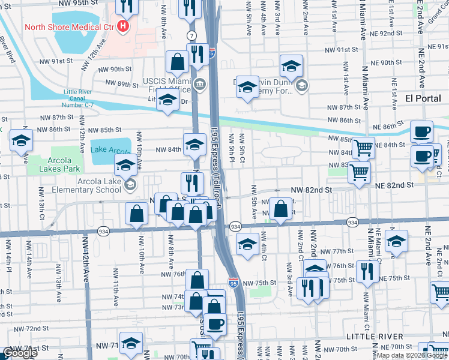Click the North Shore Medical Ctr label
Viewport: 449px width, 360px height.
click(x=70, y=28)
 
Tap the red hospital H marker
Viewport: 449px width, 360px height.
click(x=124, y=26)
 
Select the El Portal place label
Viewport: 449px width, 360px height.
click(x=423, y=98)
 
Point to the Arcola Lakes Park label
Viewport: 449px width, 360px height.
click(x=60, y=164)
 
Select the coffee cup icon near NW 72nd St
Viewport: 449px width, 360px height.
click(x=215, y=325)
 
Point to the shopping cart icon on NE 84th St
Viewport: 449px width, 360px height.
click(x=363, y=147)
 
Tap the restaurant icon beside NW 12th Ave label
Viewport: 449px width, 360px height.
click(x=126, y=6)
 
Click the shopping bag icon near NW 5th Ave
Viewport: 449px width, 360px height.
click(x=280, y=209)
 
